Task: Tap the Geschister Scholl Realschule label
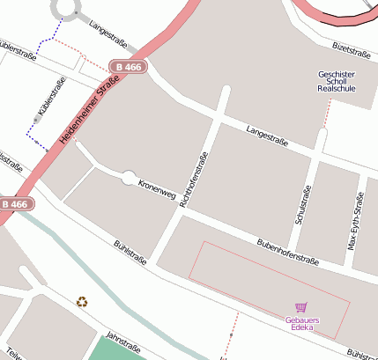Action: click(336, 82)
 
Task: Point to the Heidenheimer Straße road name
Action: click(89, 113)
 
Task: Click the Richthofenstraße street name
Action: click(194, 180)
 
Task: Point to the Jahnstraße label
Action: click(123, 340)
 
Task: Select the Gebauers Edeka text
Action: click(301, 323)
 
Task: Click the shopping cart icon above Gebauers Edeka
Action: click(301, 307)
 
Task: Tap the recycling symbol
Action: click(82, 302)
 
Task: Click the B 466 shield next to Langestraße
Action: click(129, 67)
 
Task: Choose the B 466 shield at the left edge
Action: click(16, 204)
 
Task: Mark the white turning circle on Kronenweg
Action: click(130, 178)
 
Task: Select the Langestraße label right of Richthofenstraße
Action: click(268, 134)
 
